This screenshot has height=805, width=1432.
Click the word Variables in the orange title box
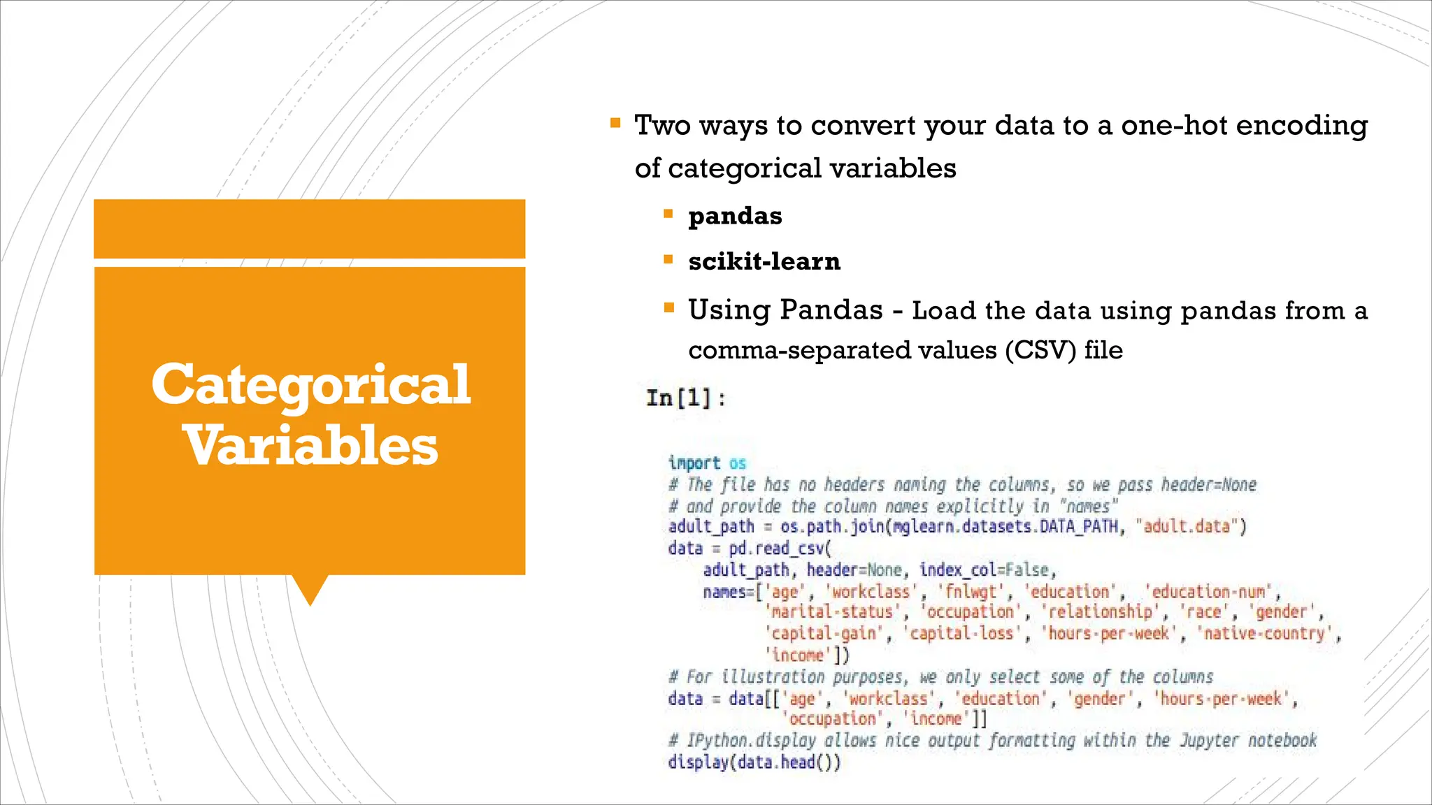(310, 446)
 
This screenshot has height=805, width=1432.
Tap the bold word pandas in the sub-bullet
(735, 216)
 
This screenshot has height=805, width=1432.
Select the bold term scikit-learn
(764, 261)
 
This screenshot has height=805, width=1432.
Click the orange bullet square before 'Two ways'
(615, 124)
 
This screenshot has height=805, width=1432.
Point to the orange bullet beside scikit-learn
(668, 260)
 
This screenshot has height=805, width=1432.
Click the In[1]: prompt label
(686, 398)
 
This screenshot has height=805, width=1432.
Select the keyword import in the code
(694, 463)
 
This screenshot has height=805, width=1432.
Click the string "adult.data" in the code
(1186, 526)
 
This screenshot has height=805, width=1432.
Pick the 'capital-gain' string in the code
(823, 634)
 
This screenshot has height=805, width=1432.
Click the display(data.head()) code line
(754, 762)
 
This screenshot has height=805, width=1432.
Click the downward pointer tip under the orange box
(310, 602)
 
